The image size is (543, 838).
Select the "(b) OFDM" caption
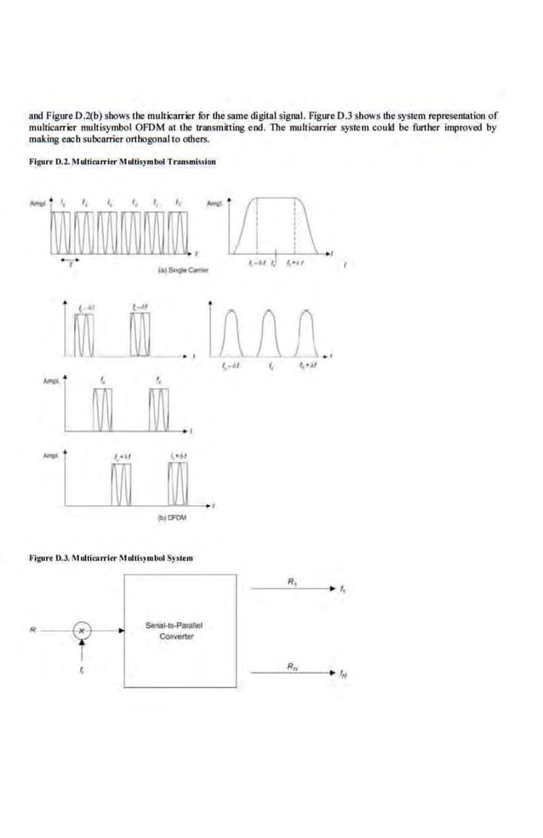[172, 517]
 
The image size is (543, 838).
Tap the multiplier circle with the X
[82, 631]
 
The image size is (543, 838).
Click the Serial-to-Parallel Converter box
[180, 630]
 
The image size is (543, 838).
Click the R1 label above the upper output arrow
[293, 581]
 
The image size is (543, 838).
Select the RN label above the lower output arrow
[293, 667]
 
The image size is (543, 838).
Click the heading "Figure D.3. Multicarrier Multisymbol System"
[111, 558]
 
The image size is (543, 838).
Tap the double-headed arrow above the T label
[64, 256]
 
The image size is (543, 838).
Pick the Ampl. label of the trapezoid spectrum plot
[215, 204]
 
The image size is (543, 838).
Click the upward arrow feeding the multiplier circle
[82, 651]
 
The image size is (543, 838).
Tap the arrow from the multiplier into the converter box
[106, 631]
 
